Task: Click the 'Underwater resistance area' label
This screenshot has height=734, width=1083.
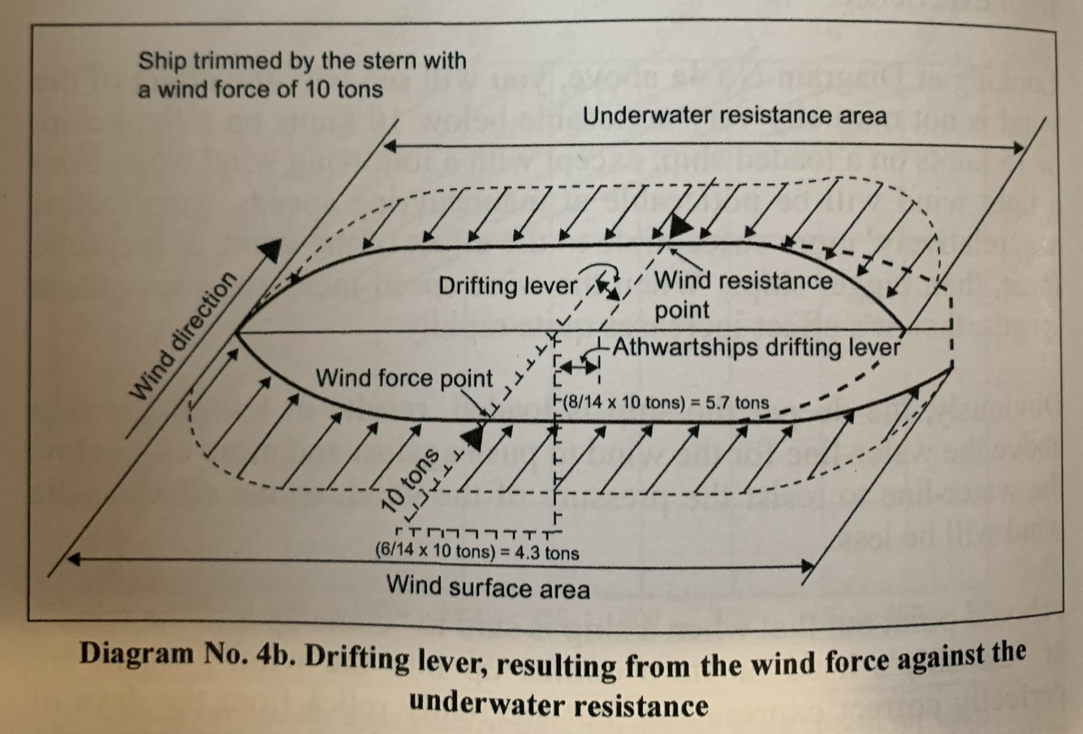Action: [x=735, y=116]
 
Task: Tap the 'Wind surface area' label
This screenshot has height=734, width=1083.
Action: [x=488, y=585]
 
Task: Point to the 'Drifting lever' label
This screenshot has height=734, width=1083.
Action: [x=508, y=286]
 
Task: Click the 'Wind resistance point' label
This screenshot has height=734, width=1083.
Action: [x=743, y=295]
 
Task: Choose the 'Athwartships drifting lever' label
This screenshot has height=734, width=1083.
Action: [x=756, y=348]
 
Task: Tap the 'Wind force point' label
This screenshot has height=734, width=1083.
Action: [x=403, y=378]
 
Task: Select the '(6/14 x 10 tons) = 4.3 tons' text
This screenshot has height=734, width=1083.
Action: [x=477, y=553]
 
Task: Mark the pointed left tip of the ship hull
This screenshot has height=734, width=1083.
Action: [x=236, y=332]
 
